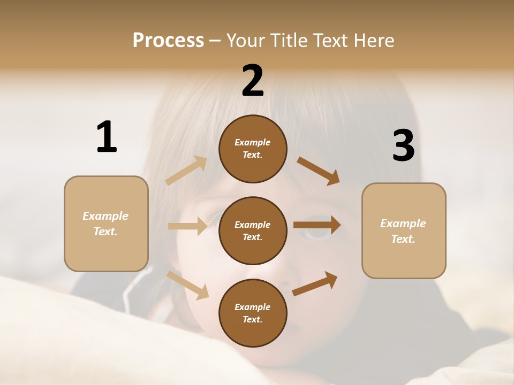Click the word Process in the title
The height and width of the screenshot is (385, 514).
(x=168, y=40)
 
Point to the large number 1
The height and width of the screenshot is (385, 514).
(x=107, y=137)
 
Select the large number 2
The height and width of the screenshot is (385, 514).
(x=253, y=81)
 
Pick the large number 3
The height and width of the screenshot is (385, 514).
(x=403, y=146)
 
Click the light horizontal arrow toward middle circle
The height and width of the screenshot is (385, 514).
(x=187, y=226)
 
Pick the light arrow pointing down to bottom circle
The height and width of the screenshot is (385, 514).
(x=188, y=285)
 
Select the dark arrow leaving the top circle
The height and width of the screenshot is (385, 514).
(x=319, y=171)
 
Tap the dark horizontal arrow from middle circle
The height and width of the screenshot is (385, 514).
(x=317, y=225)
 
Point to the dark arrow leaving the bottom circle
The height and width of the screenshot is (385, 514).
(x=315, y=283)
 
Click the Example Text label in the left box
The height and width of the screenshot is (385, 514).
(x=105, y=224)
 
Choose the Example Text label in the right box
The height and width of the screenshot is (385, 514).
(x=403, y=231)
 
